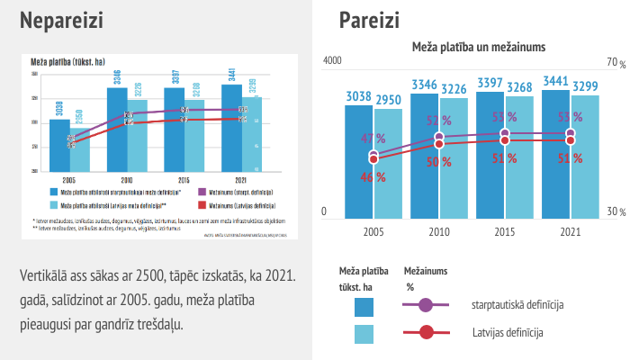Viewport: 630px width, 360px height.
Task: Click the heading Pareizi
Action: click(x=370, y=21)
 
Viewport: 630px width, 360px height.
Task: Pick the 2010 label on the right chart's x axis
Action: click(x=439, y=231)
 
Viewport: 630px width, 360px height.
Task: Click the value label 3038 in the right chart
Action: click(x=358, y=96)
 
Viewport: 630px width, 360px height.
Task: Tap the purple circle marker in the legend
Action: click(x=426, y=306)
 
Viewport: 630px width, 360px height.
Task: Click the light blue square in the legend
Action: click(x=364, y=334)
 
